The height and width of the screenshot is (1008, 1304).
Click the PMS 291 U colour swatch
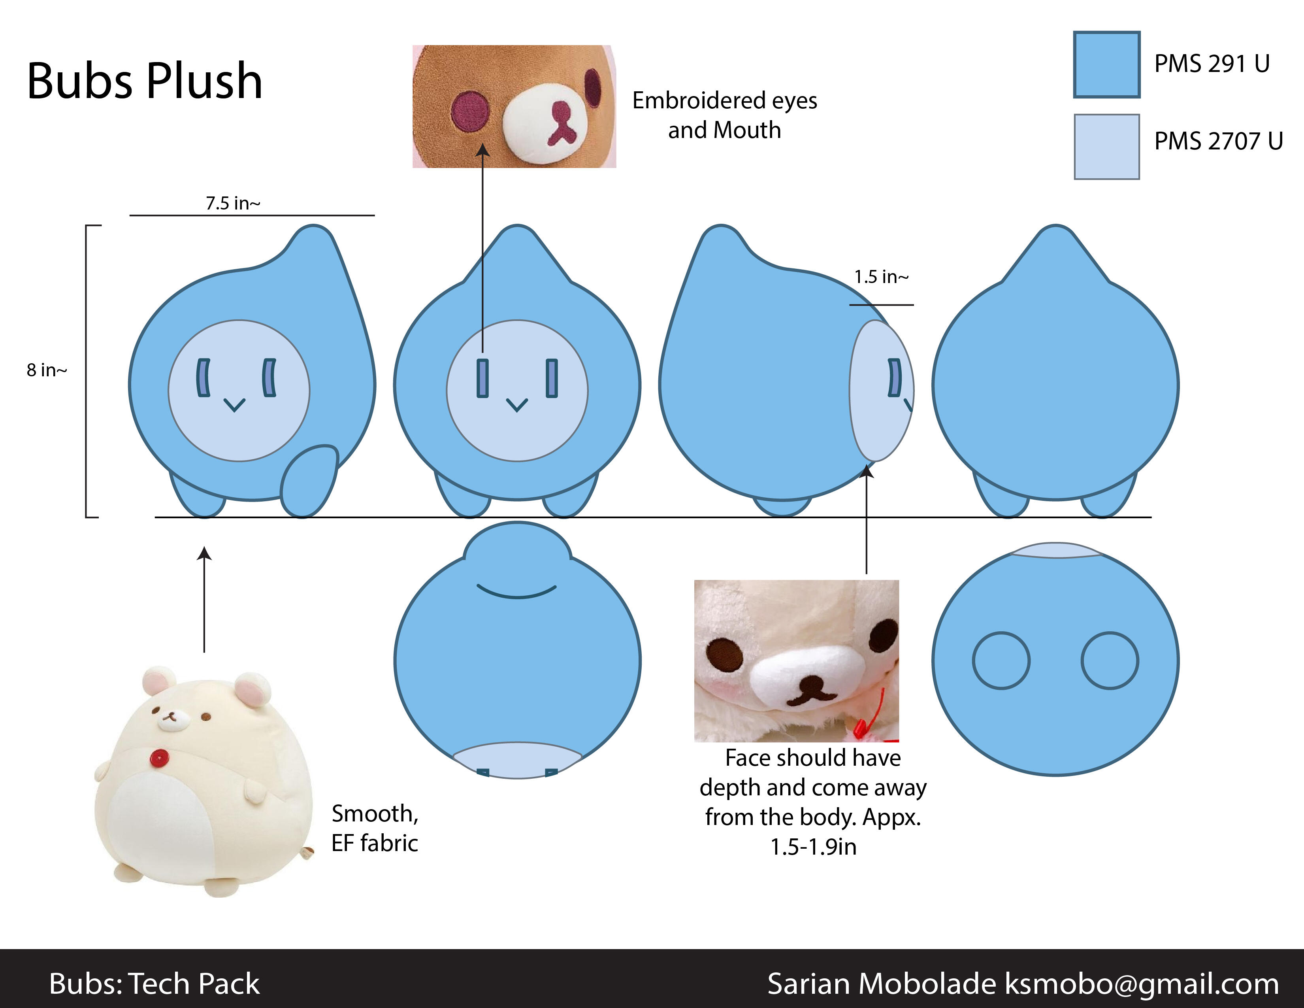click(1106, 64)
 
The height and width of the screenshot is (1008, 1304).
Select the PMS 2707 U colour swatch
click(1106, 146)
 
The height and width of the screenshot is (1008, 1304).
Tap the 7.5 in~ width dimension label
click(233, 203)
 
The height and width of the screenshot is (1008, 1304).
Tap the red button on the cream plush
click(159, 759)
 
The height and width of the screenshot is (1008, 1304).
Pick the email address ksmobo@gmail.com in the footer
click(1142, 983)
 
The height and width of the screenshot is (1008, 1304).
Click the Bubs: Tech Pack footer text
click(154, 983)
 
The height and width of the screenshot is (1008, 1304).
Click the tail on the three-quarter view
click(309, 481)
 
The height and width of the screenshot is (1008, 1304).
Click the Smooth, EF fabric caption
click(375, 828)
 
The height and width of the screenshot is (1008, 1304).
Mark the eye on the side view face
click(894, 378)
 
